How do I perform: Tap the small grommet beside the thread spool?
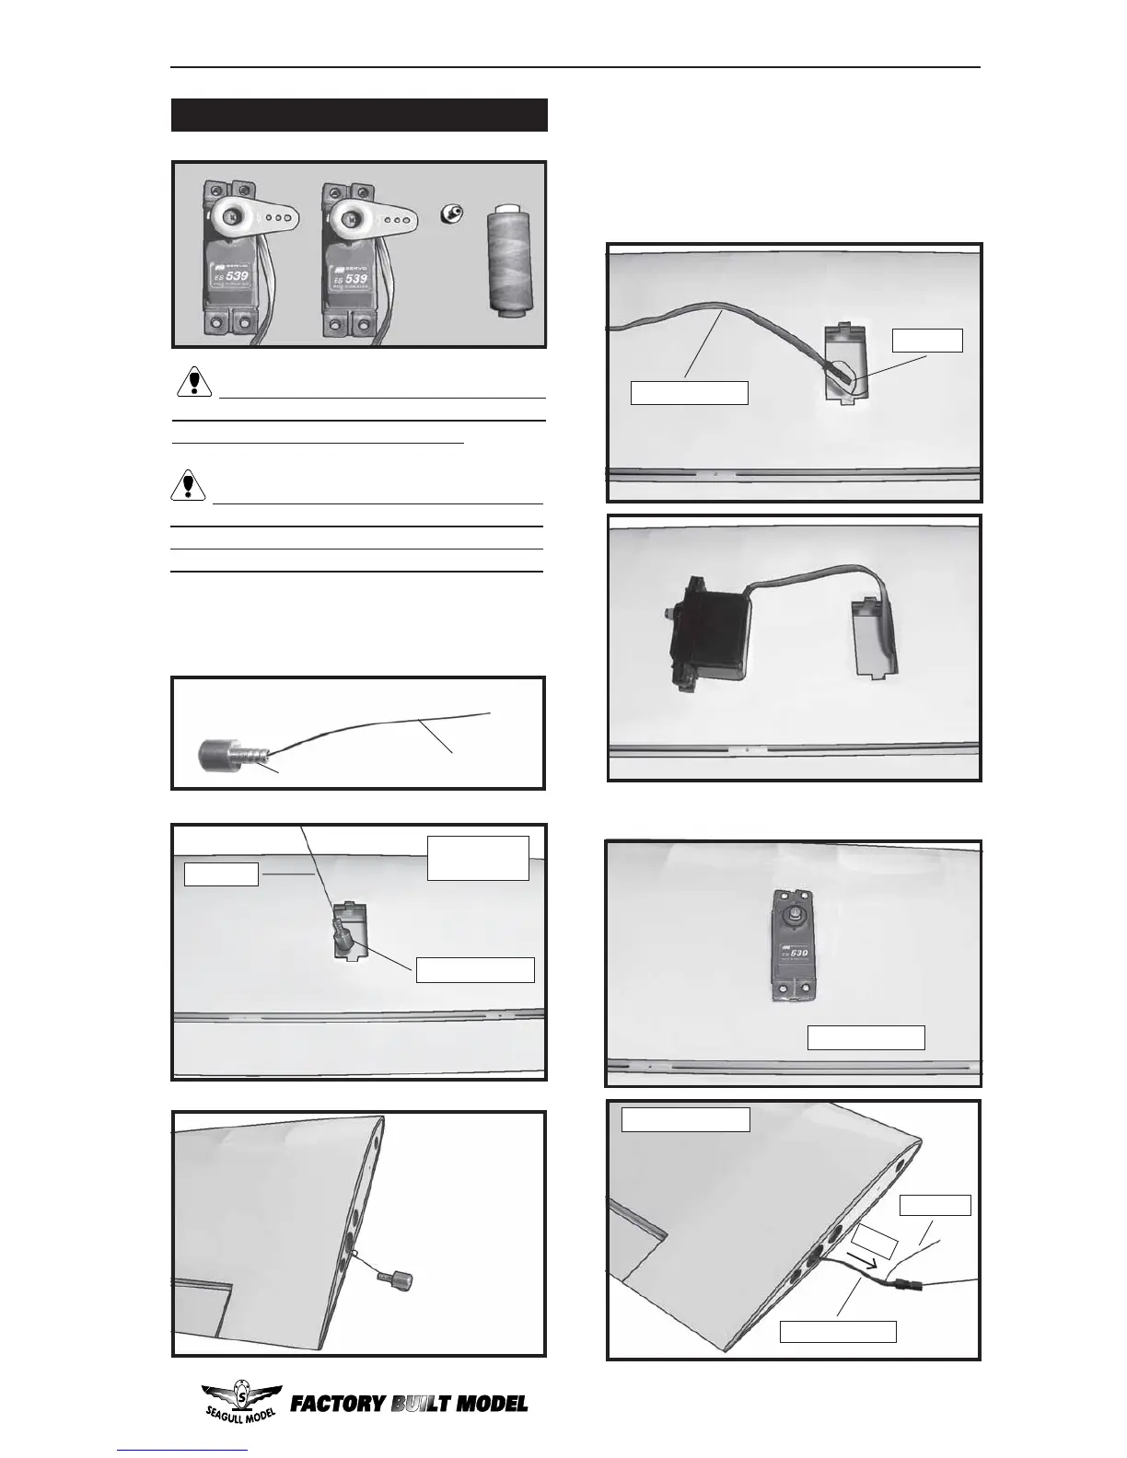[x=452, y=214]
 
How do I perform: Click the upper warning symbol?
[x=193, y=380]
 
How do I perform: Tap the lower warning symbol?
[x=188, y=485]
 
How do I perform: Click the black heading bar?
[x=359, y=115]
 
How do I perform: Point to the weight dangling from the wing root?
[x=393, y=1279]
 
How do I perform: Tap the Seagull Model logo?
[x=240, y=1404]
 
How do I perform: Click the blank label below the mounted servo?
[x=866, y=1037]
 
